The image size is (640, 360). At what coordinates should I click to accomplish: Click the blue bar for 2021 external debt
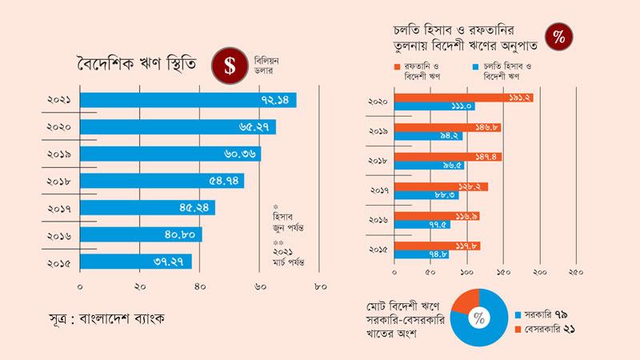pyautogui.click(x=188, y=100)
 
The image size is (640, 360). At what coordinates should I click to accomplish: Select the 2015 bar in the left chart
pyautogui.click(x=136, y=262)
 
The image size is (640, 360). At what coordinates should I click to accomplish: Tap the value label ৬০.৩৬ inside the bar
pyautogui.click(x=240, y=154)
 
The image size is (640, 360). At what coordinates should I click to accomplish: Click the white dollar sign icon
pyautogui.click(x=230, y=66)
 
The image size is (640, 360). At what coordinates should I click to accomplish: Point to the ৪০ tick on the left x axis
pyautogui.click(x=199, y=287)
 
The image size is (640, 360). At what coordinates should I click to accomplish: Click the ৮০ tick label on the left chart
pyautogui.click(x=321, y=287)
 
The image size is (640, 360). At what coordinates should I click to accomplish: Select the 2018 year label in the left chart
pyautogui.click(x=58, y=182)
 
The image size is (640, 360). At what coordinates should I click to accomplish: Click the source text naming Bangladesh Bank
pyautogui.click(x=107, y=318)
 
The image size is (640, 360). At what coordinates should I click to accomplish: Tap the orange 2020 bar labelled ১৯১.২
pyautogui.click(x=464, y=98)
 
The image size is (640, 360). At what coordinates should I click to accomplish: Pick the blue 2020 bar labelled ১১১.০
pyautogui.click(x=434, y=106)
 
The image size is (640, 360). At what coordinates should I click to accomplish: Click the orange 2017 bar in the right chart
pyautogui.click(x=442, y=187)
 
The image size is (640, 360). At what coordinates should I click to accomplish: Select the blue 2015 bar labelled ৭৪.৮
pyautogui.click(x=422, y=254)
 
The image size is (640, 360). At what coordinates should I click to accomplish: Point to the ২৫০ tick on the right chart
pyautogui.click(x=576, y=272)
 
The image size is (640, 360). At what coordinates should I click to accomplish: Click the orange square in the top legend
pyautogui.click(x=397, y=67)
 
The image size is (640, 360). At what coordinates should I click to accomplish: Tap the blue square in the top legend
pyautogui.click(x=475, y=67)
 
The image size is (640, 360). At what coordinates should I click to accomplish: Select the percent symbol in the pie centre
pyautogui.click(x=479, y=318)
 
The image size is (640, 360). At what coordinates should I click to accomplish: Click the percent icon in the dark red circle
pyautogui.click(x=558, y=37)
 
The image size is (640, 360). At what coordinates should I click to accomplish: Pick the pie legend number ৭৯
pyautogui.click(x=561, y=314)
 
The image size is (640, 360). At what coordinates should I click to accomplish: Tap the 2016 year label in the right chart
pyautogui.click(x=378, y=220)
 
